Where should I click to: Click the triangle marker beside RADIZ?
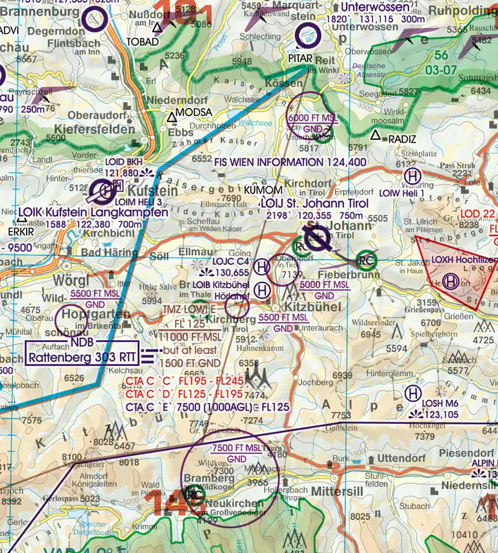pos(376,134)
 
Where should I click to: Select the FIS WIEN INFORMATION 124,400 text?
pos(289,162)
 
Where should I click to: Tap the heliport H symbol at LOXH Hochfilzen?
pos(450,281)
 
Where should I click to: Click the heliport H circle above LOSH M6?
pos(412,394)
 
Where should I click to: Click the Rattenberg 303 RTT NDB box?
pos(81,357)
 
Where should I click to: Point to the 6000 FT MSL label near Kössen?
pos(312,118)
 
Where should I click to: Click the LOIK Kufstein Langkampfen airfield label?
pos(92,212)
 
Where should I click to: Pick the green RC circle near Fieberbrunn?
pos(366,259)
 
